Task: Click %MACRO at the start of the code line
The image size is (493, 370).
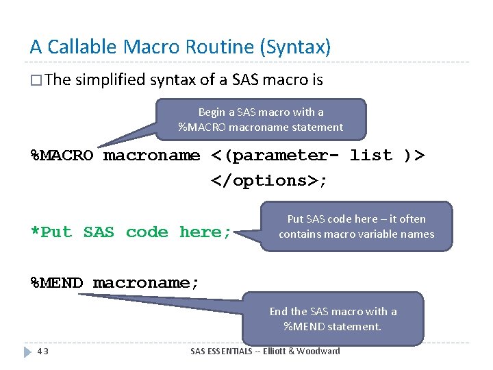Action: click(62, 156)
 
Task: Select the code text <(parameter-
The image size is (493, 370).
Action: click(276, 156)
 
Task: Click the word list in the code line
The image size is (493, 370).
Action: click(370, 156)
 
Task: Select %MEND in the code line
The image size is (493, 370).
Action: click(57, 283)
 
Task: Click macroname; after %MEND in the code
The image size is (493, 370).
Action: click(146, 283)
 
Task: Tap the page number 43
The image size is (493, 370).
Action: click(42, 351)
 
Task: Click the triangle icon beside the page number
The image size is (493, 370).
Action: click(28, 351)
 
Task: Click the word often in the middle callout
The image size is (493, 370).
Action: click(413, 219)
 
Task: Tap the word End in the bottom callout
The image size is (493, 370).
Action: click(279, 312)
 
